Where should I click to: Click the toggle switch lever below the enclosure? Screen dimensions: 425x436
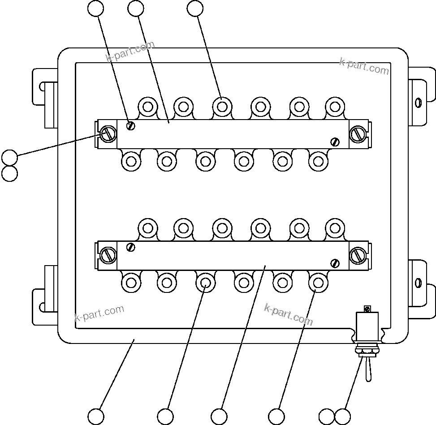(367, 370)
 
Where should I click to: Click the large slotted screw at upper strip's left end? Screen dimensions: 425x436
(108, 133)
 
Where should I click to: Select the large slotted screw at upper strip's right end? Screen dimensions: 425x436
(358, 133)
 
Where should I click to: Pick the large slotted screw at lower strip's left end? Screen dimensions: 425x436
(108, 255)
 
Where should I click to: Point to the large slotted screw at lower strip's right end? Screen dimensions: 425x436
(358, 255)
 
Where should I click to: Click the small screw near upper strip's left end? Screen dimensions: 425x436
(130, 125)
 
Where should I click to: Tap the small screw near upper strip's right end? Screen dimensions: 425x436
(335, 142)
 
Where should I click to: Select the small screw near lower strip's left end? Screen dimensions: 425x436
(130, 247)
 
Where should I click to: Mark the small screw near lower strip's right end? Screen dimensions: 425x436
(335, 263)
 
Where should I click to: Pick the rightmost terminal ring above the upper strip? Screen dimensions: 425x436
(334, 107)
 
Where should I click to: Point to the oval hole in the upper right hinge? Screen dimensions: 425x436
(418, 103)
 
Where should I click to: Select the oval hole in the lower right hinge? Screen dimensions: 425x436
(418, 283)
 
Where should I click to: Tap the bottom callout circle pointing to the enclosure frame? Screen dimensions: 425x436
(96, 416)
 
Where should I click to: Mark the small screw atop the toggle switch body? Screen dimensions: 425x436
(367, 309)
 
